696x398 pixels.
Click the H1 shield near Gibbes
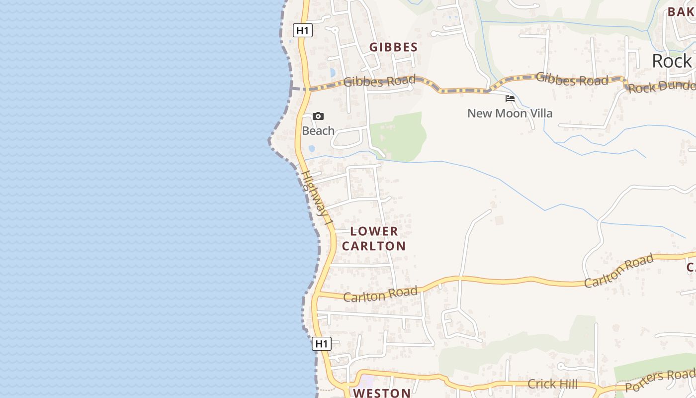[302, 30]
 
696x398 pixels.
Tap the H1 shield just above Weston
[322, 343]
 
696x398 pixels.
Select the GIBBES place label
[393, 47]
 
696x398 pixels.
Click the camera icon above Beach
[318, 116]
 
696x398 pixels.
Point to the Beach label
[318, 131]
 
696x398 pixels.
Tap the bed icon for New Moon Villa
[510, 99]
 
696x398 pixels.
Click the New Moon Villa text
[510, 113]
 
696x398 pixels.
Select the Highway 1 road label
[316, 198]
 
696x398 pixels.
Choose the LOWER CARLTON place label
[374, 238]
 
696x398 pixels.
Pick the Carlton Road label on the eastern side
[618, 271]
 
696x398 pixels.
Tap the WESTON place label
[382, 393]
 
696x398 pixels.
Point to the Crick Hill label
[552, 384]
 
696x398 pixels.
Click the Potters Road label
[660, 380]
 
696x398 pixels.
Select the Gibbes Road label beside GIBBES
[379, 81]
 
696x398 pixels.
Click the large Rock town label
[672, 61]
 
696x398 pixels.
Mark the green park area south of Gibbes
[400, 135]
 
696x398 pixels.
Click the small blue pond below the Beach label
[312, 148]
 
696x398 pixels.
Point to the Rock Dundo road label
[661, 87]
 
